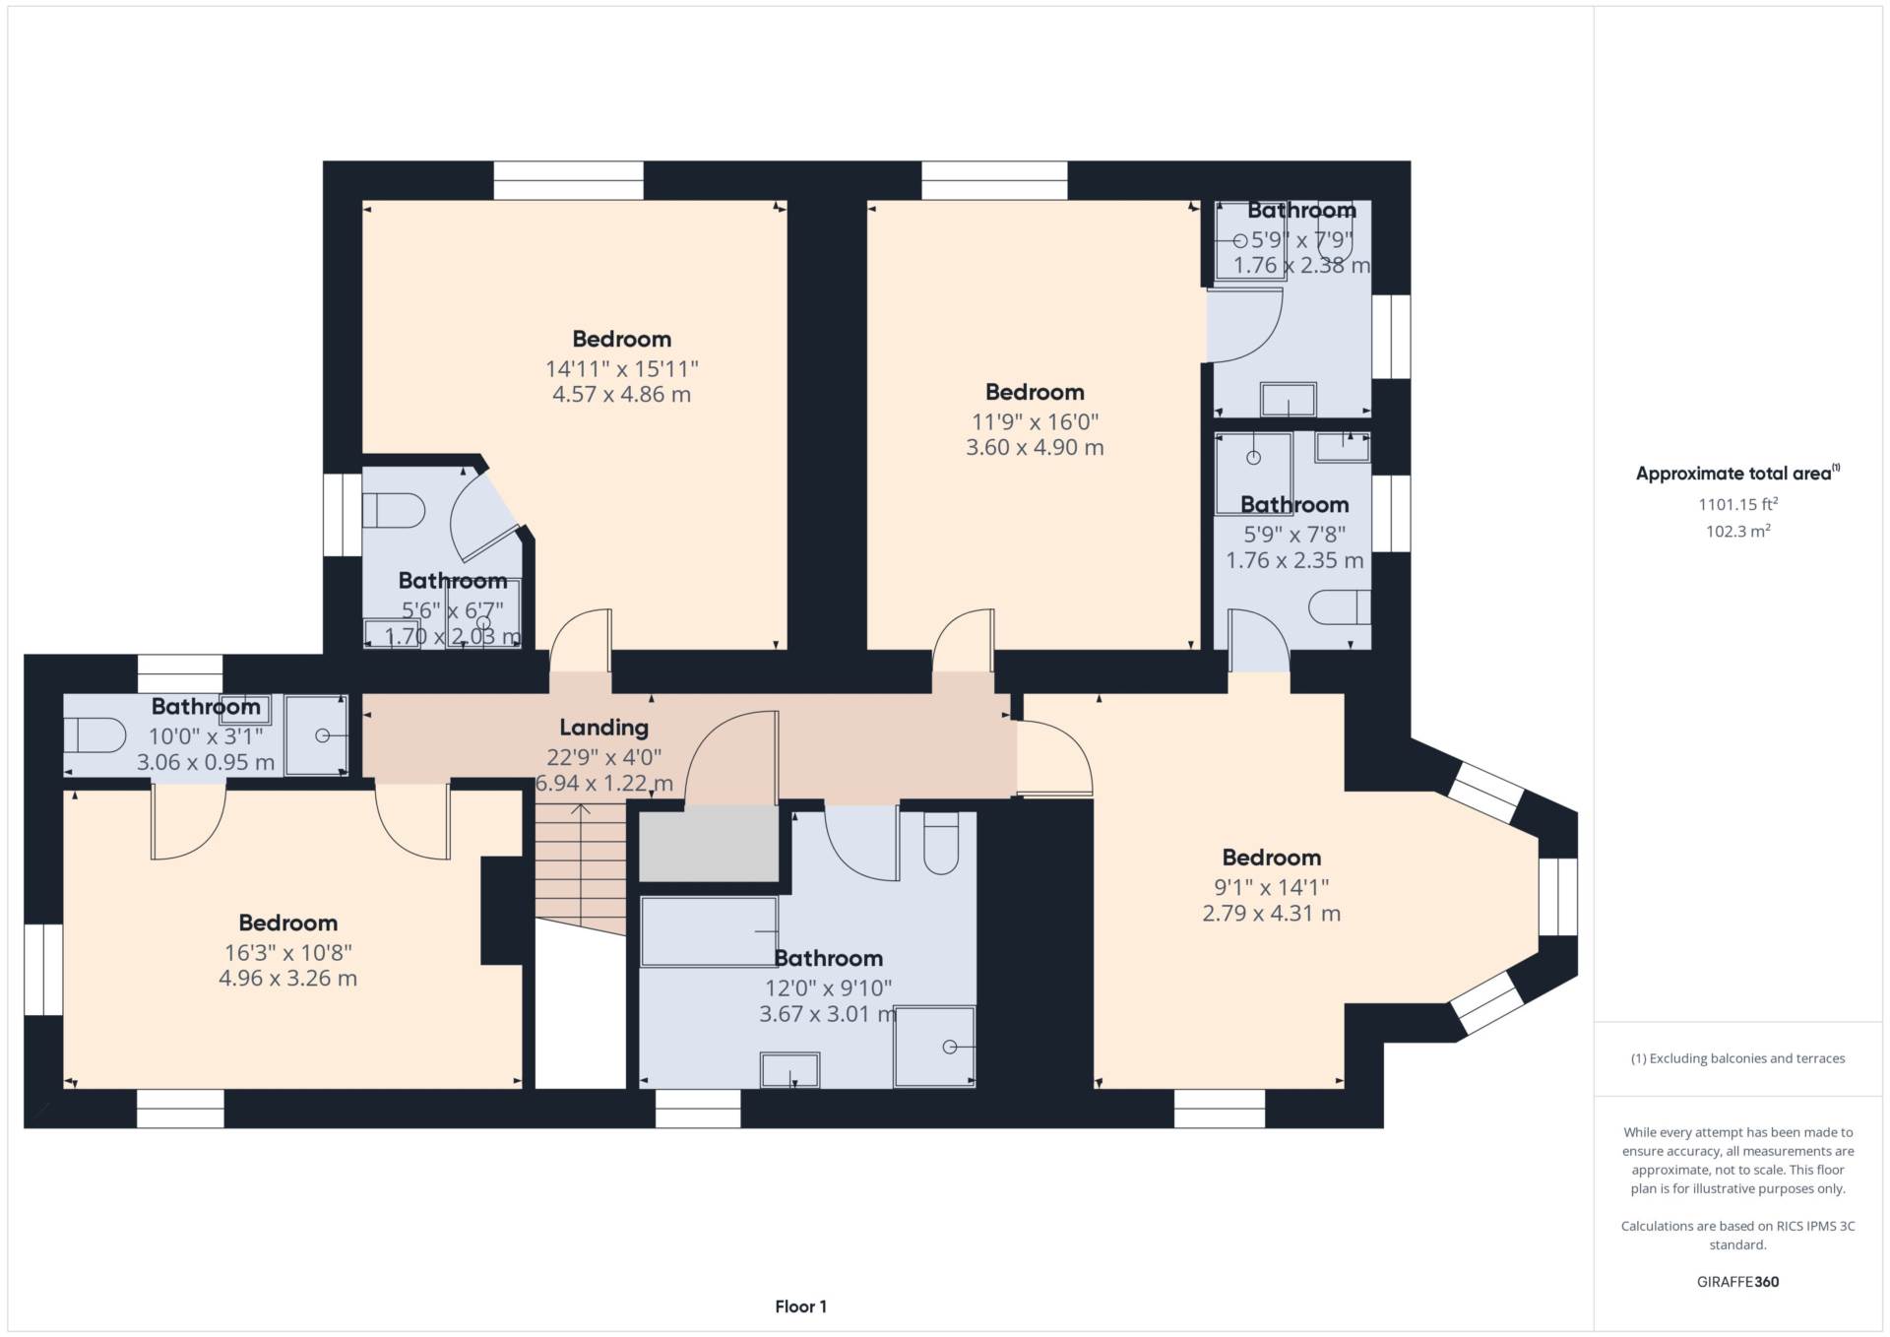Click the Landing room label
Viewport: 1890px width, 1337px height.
pos(603,728)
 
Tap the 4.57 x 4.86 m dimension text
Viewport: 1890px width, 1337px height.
pos(621,395)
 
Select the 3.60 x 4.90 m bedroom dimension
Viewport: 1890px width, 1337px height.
pos(1035,448)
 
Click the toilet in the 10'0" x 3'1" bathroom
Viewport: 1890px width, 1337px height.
pos(95,734)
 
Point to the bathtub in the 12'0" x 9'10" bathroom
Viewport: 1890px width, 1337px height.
pos(709,931)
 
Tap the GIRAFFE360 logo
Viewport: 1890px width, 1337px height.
pos(1737,1282)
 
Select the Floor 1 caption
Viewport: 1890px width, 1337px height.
pos(800,1306)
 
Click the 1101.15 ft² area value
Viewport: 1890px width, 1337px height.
pos(1737,504)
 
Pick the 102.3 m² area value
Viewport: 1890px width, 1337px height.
pos(1737,531)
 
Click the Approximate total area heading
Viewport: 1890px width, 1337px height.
pos(1737,474)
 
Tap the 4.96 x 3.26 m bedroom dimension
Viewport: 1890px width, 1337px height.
pos(287,979)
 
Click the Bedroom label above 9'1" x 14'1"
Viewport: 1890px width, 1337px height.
pos(1271,858)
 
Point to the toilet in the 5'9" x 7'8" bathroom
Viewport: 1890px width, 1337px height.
pos(1340,607)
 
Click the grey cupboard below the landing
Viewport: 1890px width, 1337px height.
pos(709,844)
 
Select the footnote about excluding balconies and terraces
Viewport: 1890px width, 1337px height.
pos(1737,1058)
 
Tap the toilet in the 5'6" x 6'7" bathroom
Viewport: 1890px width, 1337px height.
pos(394,511)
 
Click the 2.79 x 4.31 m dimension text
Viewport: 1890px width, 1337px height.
pos(1271,914)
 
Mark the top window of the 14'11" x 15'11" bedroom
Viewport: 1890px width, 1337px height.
pos(568,181)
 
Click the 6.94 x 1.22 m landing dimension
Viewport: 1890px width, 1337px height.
pos(603,784)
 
